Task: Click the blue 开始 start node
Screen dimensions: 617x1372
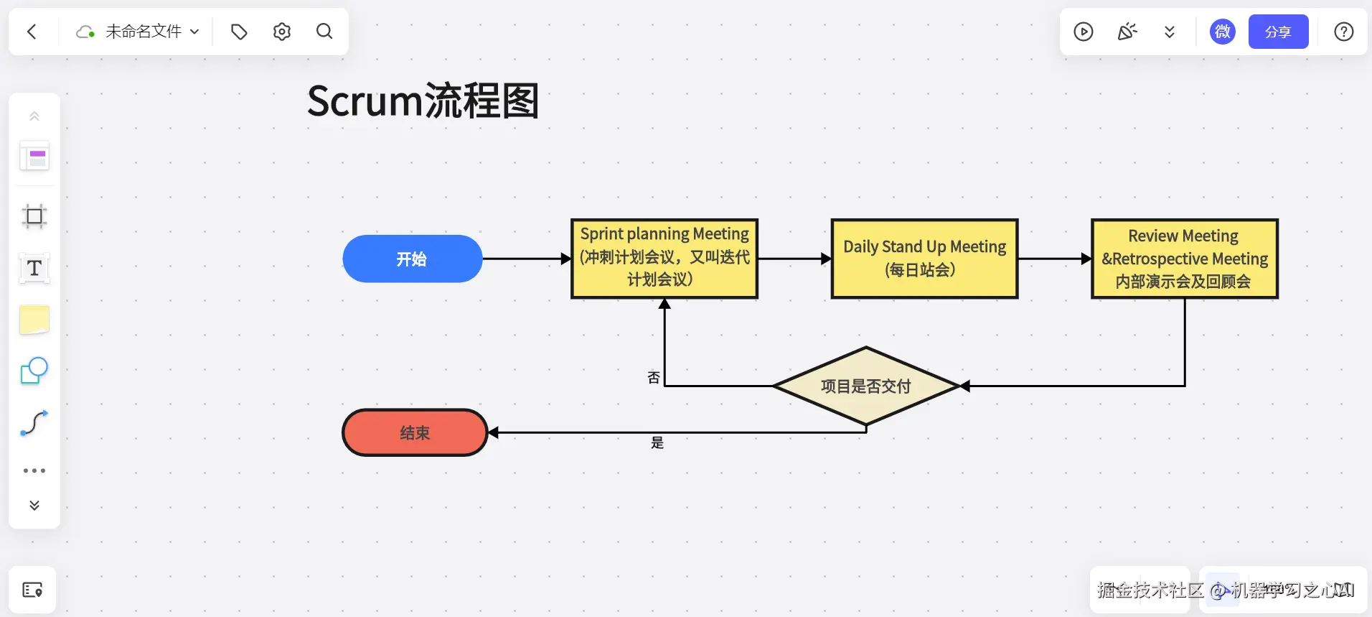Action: [x=412, y=259]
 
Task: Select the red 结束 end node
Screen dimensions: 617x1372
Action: [x=415, y=432]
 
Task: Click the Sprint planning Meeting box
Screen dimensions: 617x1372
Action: [x=664, y=258]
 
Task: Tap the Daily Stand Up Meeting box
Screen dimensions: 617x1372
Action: [x=924, y=258]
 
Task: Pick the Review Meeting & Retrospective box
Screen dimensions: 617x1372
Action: [x=1184, y=258]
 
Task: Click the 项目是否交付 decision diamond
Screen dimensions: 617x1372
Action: [x=866, y=386]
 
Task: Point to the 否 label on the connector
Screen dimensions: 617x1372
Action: [x=654, y=378]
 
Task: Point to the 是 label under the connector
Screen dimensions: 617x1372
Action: [x=657, y=443]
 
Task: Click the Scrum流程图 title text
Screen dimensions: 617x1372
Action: [x=423, y=101]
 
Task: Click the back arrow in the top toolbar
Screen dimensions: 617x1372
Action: [x=32, y=32]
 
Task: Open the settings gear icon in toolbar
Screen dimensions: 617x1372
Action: [x=282, y=32]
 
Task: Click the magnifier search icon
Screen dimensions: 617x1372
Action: [x=324, y=32]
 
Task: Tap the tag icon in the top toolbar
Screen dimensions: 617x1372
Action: [x=239, y=32]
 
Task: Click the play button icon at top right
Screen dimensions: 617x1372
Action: [x=1084, y=32]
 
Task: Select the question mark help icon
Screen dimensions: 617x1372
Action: [x=1343, y=32]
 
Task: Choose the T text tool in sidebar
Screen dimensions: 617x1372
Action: [x=34, y=268]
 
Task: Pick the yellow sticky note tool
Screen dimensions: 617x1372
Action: [x=34, y=320]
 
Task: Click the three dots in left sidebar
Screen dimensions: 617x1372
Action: [x=34, y=470]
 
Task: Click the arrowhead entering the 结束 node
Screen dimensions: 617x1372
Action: [x=494, y=432]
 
